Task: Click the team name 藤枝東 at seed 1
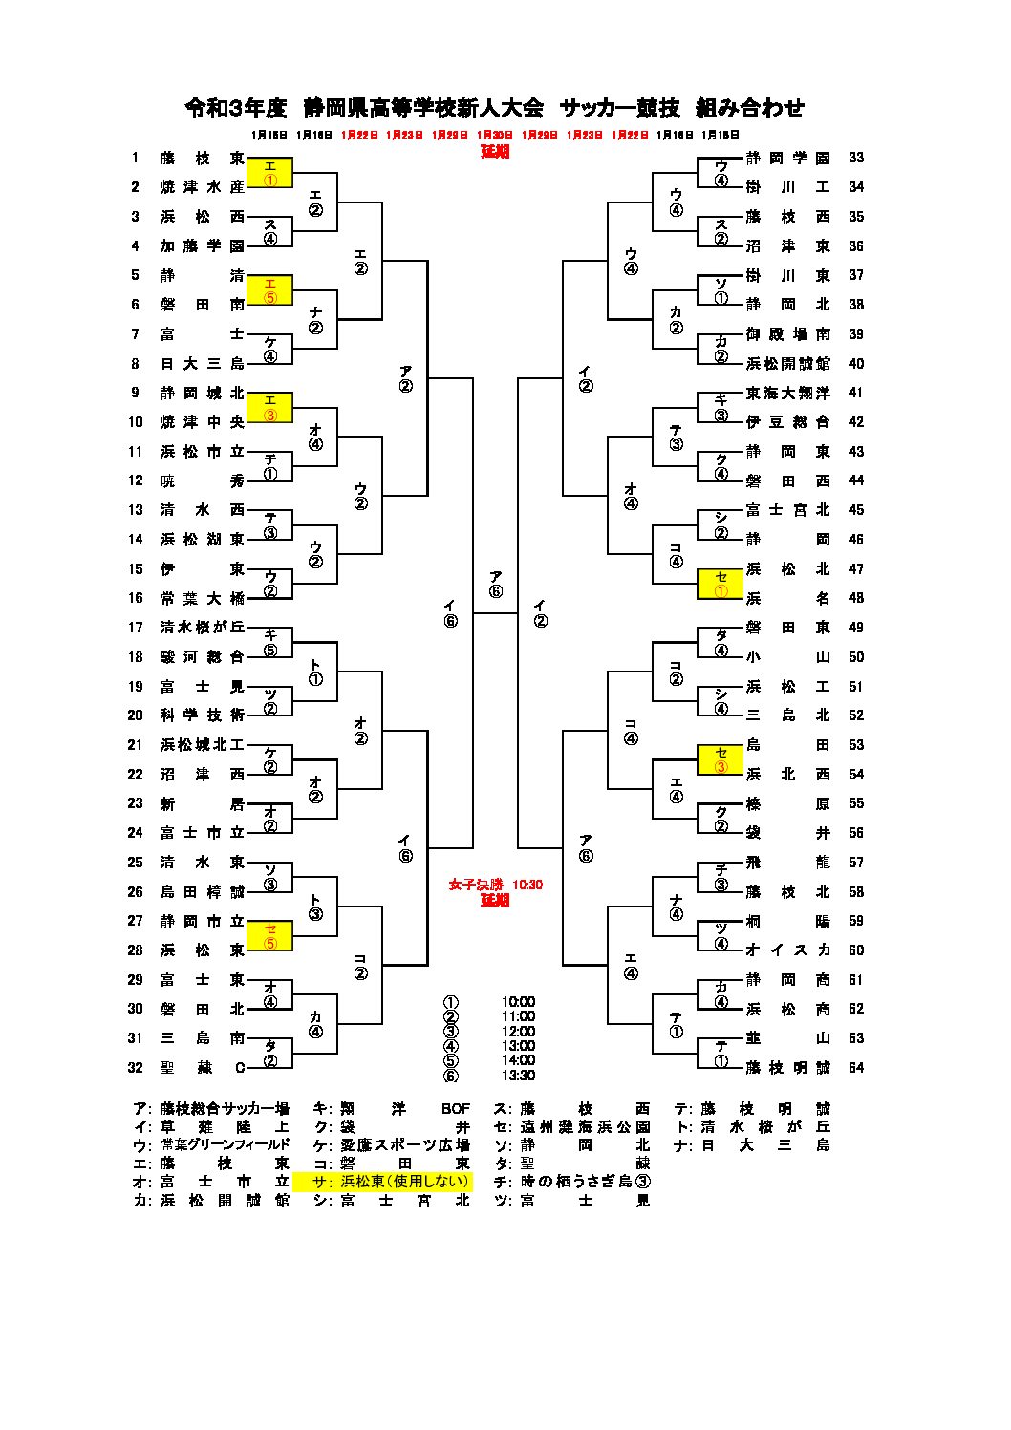click(202, 159)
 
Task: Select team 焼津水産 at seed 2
click(202, 187)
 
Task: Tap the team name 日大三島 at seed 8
click(202, 364)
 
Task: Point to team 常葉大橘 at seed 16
click(202, 599)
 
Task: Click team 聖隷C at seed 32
click(202, 1068)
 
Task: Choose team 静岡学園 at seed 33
click(787, 159)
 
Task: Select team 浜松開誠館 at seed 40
click(787, 364)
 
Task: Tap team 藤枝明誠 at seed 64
click(787, 1068)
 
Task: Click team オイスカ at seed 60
click(787, 950)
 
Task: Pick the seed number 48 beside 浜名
click(855, 599)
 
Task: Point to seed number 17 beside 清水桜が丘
click(136, 628)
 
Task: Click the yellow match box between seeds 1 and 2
click(269, 173)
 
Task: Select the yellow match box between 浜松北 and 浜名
click(721, 585)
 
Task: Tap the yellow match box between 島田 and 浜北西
click(721, 760)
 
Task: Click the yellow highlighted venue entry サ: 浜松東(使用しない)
click(383, 1182)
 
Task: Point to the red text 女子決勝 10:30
click(495, 886)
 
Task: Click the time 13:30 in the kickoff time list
click(518, 1076)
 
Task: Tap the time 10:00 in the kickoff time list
click(518, 1003)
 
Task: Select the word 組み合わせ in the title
click(750, 109)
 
